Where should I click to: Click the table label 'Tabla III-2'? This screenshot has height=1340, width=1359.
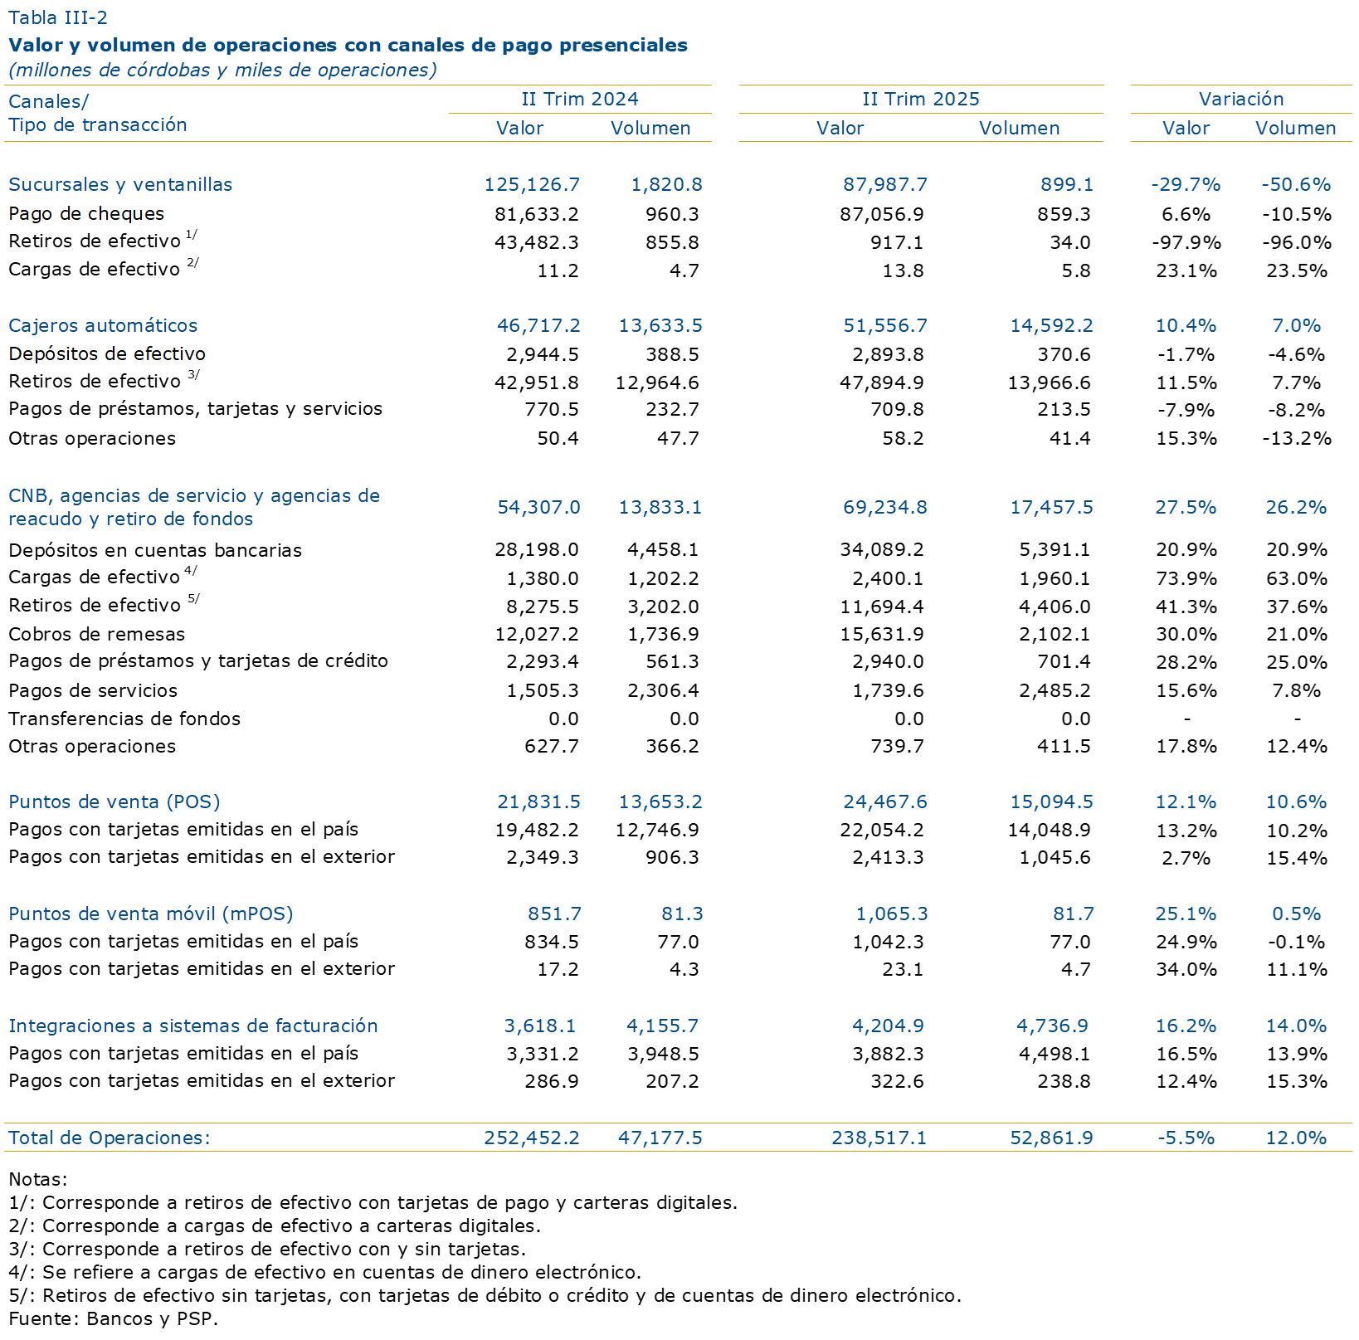(x=58, y=17)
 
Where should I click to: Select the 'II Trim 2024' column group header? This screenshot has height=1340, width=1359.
(x=580, y=99)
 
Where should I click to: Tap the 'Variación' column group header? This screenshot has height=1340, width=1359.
(x=1241, y=99)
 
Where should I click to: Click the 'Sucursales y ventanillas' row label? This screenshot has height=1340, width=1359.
(x=120, y=184)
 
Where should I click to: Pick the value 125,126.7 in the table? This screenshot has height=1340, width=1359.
(x=532, y=184)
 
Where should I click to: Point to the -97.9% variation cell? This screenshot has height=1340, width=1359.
(x=1186, y=242)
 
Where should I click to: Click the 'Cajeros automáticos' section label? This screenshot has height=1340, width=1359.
(x=103, y=325)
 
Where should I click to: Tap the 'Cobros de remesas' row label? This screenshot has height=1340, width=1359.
(x=97, y=634)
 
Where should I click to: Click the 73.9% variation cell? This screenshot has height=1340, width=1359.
(x=1186, y=578)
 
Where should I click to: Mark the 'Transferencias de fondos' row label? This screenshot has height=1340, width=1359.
(x=124, y=719)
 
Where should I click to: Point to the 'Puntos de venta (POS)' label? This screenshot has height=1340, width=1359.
(x=114, y=802)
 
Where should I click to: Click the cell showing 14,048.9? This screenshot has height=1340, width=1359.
(x=1050, y=830)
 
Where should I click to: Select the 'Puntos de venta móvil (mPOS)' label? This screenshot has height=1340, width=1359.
(x=151, y=914)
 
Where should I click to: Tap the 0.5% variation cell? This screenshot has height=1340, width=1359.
(x=1297, y=914)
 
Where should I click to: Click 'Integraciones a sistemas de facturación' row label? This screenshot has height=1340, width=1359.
(x=193, y=1026)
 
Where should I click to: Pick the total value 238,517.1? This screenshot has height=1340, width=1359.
(x=879, y=1138)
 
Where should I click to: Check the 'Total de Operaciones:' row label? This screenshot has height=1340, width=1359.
(x=110, y=1138)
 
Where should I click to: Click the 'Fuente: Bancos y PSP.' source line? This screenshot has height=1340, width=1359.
(x=114, y=1318)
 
